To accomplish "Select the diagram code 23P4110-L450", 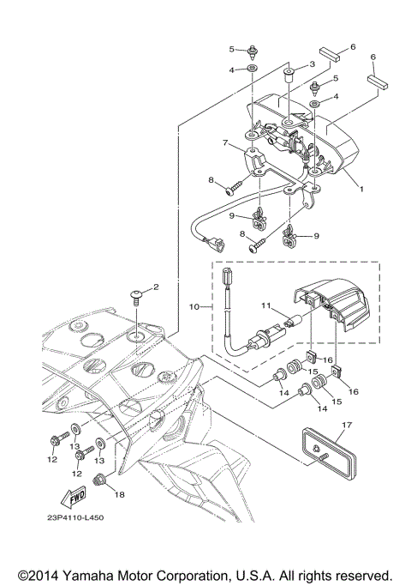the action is (75, 517).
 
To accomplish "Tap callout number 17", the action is (347, 425).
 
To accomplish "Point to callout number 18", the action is (119, 494).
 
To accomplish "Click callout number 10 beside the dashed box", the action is (194, 307).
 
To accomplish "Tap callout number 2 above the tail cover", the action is (156, 287).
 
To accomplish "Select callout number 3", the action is (312, 64).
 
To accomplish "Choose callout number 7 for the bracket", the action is (225, 143).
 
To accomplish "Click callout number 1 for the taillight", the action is (361, 189).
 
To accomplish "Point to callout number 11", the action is (265, 305).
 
